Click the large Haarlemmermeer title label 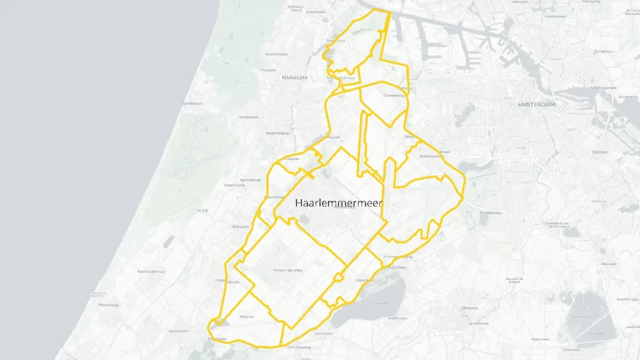coord(338,202)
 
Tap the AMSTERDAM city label coord(537,104)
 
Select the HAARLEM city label coord(294,77)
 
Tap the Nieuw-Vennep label coord(287,270)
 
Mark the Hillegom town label coord(241,226)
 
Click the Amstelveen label coord(491,212)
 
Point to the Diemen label coord(599,152)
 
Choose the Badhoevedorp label coord(431,156)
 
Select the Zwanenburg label coord(394,96)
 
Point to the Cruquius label coord(292,159)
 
